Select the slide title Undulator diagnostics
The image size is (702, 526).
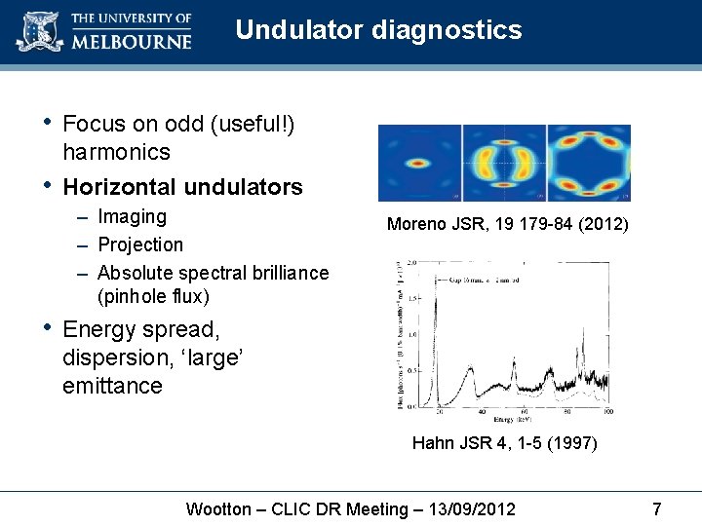378,30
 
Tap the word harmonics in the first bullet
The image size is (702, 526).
116,152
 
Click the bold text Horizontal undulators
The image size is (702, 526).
182,186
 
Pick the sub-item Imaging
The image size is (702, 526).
133,216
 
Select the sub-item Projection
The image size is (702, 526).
140,244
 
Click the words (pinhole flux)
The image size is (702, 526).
153,296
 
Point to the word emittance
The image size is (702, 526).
112,386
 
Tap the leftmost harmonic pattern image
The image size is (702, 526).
419,163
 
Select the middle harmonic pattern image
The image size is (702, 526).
503,163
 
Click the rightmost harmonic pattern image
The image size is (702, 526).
588,163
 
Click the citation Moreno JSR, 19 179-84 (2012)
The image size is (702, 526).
508,225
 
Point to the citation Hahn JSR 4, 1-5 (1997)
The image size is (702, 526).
504,444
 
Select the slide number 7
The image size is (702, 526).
656,509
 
